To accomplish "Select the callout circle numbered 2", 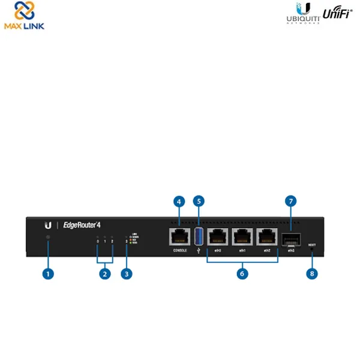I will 104,273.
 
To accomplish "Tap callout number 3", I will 125,273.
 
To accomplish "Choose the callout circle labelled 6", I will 242,273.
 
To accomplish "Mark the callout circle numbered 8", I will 311,273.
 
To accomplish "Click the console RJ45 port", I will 179,236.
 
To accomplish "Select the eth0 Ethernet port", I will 217,236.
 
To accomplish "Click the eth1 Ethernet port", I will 242,236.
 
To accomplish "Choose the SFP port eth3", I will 290,238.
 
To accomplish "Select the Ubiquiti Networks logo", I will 302,16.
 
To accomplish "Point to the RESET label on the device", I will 311,245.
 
